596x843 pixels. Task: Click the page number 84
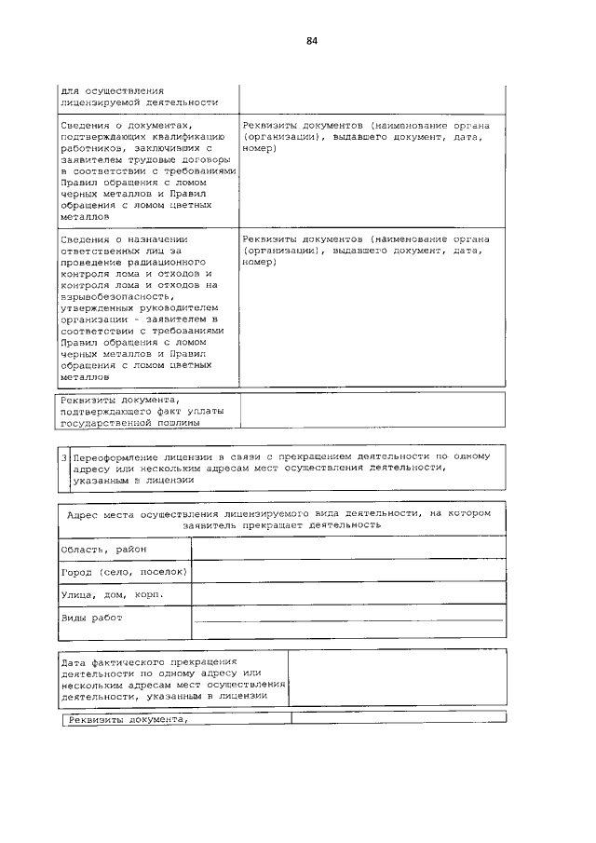[x=312, y=41]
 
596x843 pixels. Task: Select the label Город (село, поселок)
[x=124, y=571]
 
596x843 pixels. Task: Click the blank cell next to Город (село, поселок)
[x=348, y=571]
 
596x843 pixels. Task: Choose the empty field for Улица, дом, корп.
[x=348, y=594]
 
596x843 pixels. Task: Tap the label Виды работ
[x=91, y=618]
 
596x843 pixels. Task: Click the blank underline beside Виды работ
[x=348, y=619]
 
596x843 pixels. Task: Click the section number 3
[x=64, y=457]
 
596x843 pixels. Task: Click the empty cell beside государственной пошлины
[x=372, y=411]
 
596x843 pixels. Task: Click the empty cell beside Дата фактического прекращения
[x=397, y=678]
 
